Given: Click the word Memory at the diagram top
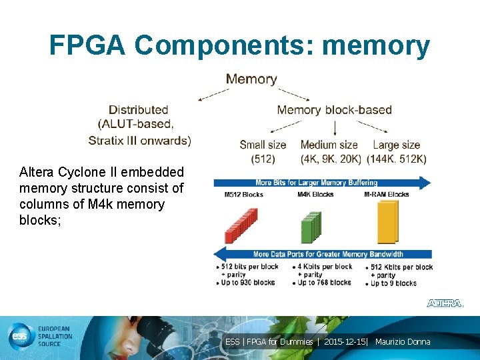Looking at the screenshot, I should click(251, 79).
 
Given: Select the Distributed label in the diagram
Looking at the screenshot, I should click(138, 110).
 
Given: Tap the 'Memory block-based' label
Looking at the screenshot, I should click(334, 110).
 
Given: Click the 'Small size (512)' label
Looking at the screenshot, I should click(263, 152).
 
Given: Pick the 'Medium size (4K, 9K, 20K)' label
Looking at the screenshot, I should click(331, 152).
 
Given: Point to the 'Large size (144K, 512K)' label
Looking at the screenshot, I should click(399, 152).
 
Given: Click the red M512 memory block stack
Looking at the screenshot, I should click(241, 225).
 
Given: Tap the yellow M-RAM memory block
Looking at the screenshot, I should click(391, 221).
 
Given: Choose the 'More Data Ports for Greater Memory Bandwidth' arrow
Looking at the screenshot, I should click(323, 254).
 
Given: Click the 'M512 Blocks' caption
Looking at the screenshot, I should click(243, 195).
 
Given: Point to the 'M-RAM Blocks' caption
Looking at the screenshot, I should click(387, 195).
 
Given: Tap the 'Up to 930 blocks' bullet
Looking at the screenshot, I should click(248, 283).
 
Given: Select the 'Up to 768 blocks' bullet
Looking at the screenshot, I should click(324, 283).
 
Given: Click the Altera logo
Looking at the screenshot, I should click(445, 303).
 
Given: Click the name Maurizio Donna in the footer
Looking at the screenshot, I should click(403, 342).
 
